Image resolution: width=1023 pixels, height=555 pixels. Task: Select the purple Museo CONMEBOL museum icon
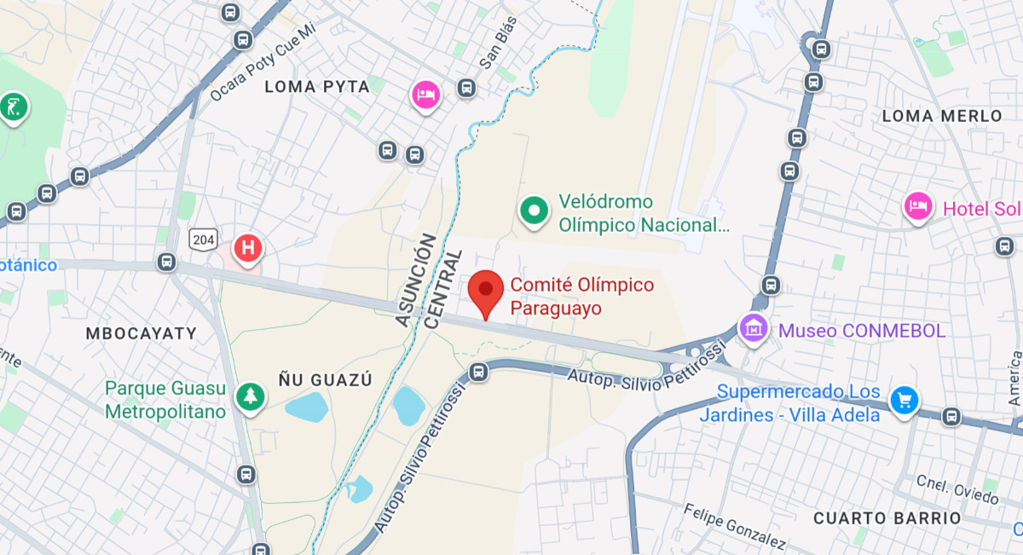click(x=754, y=328)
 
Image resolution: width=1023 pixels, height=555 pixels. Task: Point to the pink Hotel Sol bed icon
click(x=917, y=206)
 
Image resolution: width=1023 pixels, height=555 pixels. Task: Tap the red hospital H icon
click(x=248, y=249)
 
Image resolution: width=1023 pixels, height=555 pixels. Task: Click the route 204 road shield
click(x=204, y=239)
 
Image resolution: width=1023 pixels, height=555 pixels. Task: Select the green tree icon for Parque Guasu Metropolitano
click(x=250, y=396)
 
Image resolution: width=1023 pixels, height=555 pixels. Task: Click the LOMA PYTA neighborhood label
click(x=317, y=86)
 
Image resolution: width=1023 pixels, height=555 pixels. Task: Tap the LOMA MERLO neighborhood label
click(x=942, y=115)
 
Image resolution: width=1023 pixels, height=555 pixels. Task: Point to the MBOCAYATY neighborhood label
click(x=141, y=333)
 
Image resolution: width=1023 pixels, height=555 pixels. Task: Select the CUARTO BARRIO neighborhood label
click(x=887, y=517)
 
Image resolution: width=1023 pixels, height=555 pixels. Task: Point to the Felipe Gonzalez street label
click(x=734, y=526)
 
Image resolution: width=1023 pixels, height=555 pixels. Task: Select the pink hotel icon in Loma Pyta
click(x=425, y=94)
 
